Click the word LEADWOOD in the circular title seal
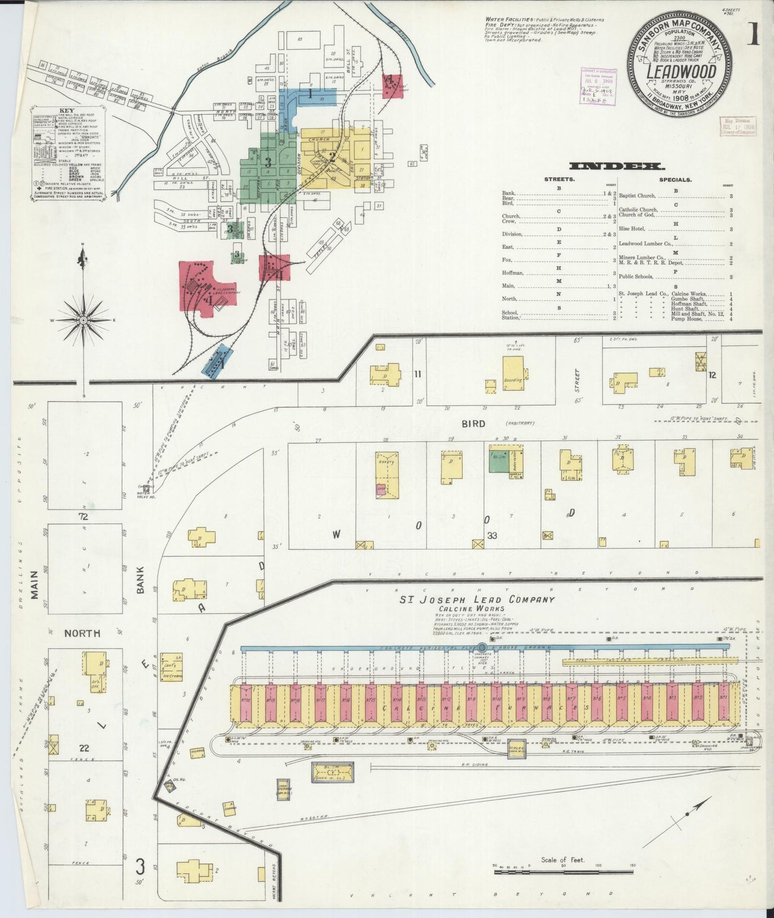point(681,72)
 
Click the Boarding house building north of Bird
point(513,373)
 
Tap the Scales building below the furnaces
point(517,748)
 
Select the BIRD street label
point(474,424)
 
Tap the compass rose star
point(83,320)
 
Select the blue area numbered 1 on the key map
point(311,95)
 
